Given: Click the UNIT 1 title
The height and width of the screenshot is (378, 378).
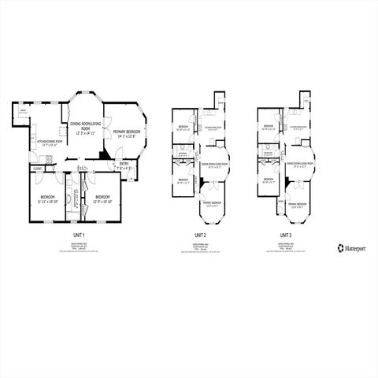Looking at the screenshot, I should tap(78, 235).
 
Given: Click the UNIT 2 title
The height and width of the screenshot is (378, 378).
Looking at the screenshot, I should tap(200, 235).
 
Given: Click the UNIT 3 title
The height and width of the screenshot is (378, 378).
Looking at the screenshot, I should tap(285, 235).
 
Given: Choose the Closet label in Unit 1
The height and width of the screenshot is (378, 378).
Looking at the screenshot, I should tap(37, 169).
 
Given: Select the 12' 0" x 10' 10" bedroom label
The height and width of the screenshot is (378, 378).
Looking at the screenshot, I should tap(99, 198).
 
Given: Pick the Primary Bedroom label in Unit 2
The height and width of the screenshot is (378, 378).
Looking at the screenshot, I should tap(211, 204).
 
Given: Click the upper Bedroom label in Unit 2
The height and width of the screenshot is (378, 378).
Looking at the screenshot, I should tap(182, 127).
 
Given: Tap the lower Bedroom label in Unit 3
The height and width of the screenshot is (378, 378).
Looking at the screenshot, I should tap(268, 180).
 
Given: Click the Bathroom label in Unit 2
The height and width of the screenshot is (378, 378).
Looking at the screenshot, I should tap(181, 153).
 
